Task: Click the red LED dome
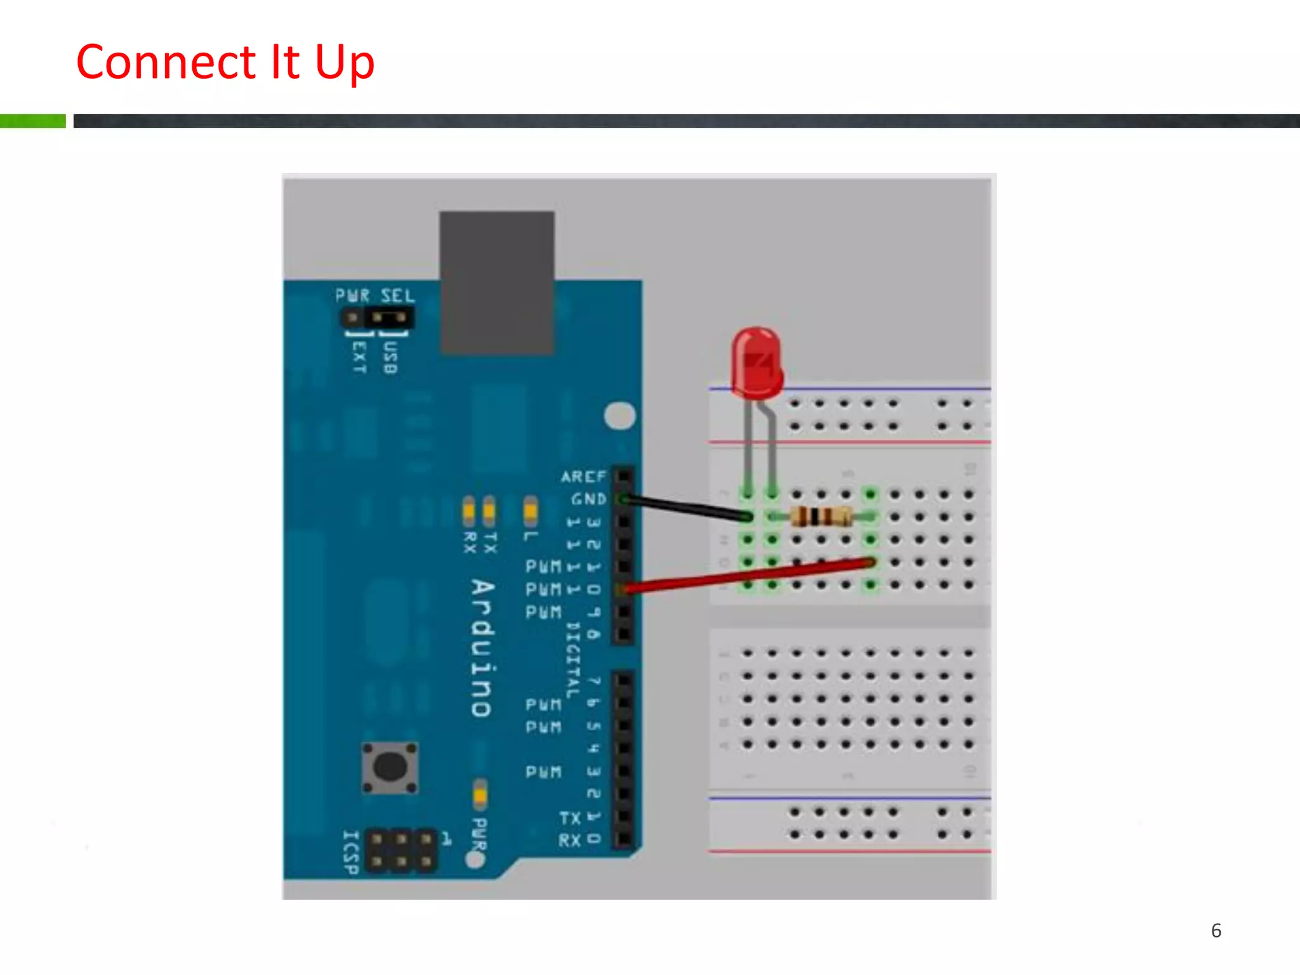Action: (756, 362)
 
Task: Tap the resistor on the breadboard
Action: (821, 517)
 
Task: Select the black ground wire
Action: (686, 508)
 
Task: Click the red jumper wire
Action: (749, 575)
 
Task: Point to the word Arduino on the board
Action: (482, 647)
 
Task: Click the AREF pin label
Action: (583, 477)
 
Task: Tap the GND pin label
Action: (588, 500)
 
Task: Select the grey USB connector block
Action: (496, 282)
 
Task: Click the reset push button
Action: (390, 767)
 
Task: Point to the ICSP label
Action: (351, 852)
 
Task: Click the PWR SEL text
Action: (375, 296)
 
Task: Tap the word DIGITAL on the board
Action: (573, 660)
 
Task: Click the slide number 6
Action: (1216, 931)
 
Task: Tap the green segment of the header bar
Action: (32, 121)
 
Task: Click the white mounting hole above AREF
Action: (620, 416)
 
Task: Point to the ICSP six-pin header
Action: (401, 851)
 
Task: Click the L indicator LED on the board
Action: (531, 510)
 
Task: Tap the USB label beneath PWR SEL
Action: (390, 357)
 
